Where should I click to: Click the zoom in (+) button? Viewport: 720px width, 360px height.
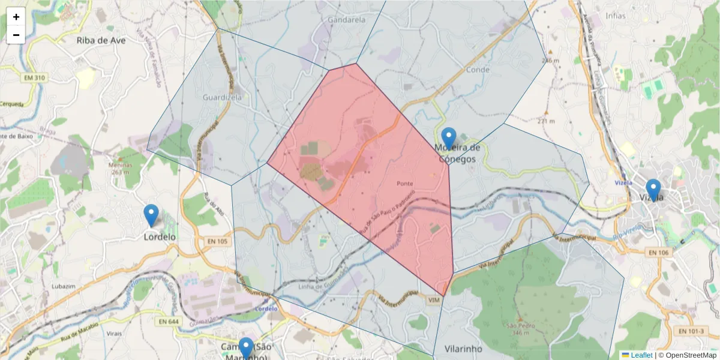click(16, 17)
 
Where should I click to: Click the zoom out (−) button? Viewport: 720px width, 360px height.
click(16, 35)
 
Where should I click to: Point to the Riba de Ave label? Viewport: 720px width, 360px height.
click(100, 41)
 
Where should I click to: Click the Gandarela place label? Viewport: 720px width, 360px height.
click(347, 19)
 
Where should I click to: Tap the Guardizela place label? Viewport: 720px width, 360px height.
click(222, 97)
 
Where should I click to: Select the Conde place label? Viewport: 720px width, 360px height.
click(478, 70)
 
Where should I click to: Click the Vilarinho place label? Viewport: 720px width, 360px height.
click(463, 349)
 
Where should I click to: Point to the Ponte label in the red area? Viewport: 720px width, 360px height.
click(405, 183)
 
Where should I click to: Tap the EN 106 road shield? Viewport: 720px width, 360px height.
click(658, 253)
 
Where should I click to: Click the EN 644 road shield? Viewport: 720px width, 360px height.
click(169, 322)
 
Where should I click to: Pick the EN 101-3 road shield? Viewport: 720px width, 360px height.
click(690, 331)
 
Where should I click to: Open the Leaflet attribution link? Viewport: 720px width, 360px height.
click(637, 355)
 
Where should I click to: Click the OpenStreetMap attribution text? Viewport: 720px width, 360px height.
click(687, 355)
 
